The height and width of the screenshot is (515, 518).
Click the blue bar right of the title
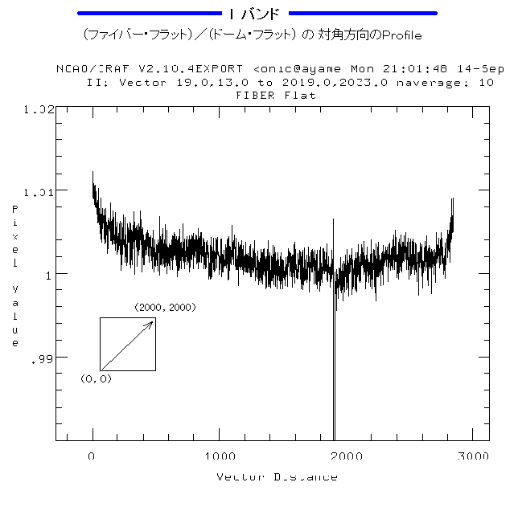pyautogui.click(x=363, y=14)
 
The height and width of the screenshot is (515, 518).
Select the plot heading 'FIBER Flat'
pyautogui.click(x=276, y=95)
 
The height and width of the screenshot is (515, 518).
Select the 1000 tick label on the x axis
pyautogui.click(x=219, y=456)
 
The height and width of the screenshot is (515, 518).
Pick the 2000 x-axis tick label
pyautogui.click(x=346, y=456)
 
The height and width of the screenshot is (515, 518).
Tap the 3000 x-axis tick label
pyautogui.click(x=472, y=456)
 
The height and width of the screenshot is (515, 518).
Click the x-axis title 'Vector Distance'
pyautogui.click(x=277, y=477)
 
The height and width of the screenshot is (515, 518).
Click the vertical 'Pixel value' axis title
pyautogui.click(x=14, y=276)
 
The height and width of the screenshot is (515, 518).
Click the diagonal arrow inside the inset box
pyautogui.click(x=127, y=345)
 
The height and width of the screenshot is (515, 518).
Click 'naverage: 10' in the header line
pyautogui.click(x=455, y=83)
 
